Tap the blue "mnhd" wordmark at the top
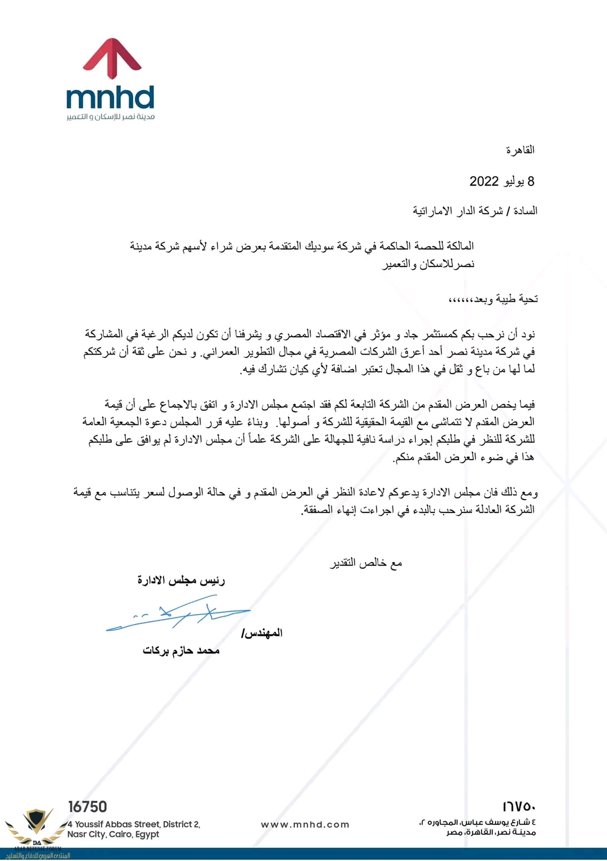tap(110, 98)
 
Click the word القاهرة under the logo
tap(520, 150)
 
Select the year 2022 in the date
tap(484, 182)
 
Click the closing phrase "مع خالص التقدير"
tap(366, 563)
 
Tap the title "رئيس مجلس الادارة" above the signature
tap(181, 581)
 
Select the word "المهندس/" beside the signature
tap(262, 633)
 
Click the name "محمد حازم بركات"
tap(181, 651)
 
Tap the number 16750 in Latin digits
tap(87, 806)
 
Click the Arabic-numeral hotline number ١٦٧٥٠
tap(519, 807)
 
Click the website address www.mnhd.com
tap(305, 824)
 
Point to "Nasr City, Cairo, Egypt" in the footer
tap(113, 835)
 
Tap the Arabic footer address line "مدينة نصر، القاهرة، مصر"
tap(491, 832)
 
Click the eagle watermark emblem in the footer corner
tap(36, 822)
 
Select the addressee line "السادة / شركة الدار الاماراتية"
tap(475, 211)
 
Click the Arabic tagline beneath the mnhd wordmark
tap(110, 117)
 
